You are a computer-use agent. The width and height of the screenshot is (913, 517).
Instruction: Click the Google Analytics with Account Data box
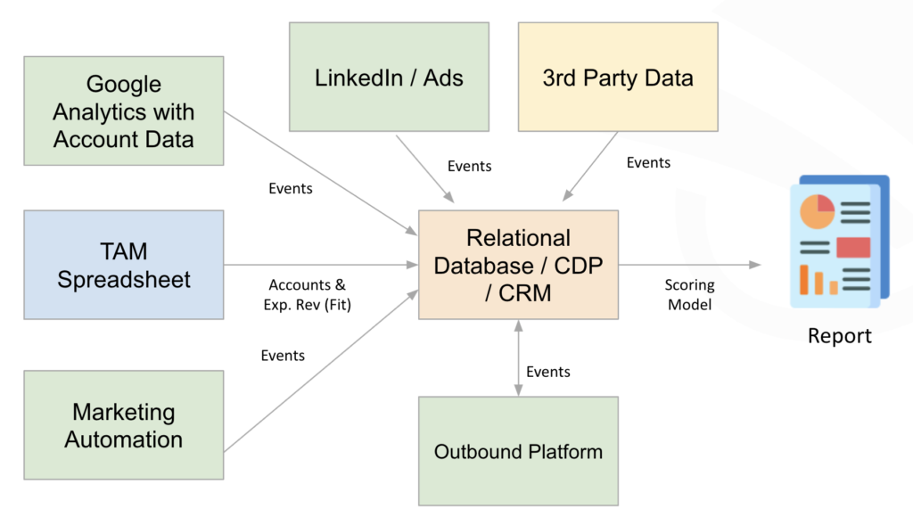click(124, 111)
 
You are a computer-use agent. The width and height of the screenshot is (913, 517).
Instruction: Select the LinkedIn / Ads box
click(389, 78)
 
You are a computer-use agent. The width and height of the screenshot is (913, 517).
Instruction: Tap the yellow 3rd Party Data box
click(618, 78)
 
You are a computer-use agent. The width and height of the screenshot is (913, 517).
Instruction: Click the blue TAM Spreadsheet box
click(124, 265)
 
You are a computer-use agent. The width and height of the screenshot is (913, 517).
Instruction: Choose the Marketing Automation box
click(124, 426)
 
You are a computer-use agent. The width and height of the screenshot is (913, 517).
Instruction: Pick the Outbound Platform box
click(518, 452)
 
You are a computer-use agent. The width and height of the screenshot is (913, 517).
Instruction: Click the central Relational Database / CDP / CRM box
click(518, 265)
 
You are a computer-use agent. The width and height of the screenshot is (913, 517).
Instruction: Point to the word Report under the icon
click(839, 336)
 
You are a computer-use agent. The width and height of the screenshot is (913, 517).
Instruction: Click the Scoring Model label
click(689, 294)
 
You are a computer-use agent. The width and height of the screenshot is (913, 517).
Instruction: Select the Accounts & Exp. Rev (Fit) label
click(308, 294)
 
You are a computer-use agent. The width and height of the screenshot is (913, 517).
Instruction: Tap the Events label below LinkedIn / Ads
click(469, 166)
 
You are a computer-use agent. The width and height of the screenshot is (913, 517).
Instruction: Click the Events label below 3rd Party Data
click(648, 162)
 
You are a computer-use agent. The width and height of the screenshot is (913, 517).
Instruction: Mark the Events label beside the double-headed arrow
click(548, 372)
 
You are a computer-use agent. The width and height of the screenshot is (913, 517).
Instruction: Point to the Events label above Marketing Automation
click(283, 356)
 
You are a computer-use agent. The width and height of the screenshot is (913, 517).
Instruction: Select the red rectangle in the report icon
click(852, 247)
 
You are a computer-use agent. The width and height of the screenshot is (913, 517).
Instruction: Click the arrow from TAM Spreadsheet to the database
click(321, 265)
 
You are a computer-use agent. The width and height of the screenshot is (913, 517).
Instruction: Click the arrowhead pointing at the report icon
click(755, 265)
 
